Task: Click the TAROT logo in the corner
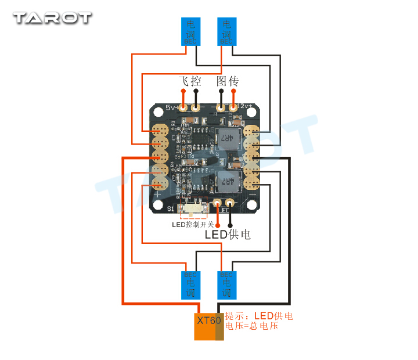pyautogui.click(x=52, y=17)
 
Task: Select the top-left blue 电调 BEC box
pyautogui.click(x=191, y=31)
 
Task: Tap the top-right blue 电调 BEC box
pyautogui.click(x=226, y=31)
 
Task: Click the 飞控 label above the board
pyautogui.click(x=189, y=81)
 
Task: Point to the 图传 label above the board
pyautogui.click(x=228, y=81)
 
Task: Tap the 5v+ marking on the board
pyautogui.click(x=172, y=107)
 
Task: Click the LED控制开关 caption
pyautogui.click(x=193, y=225)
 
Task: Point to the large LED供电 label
pyautogui.click(x=228, y=235)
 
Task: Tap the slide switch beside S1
pyautogui.click(x=193, y=207)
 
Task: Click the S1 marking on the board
pyautogui.click(x=171, y=208)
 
